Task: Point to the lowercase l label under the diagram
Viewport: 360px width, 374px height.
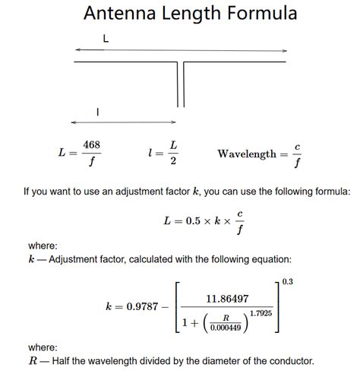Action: point(98,112)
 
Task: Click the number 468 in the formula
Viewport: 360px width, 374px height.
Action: point(92,144)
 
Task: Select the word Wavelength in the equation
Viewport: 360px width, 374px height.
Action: point(247,154)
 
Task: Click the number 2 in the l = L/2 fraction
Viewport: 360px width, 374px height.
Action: point(173,161)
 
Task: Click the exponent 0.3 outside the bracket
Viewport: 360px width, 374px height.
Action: point(286,282)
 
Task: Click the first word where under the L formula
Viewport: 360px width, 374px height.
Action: point(43,246)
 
